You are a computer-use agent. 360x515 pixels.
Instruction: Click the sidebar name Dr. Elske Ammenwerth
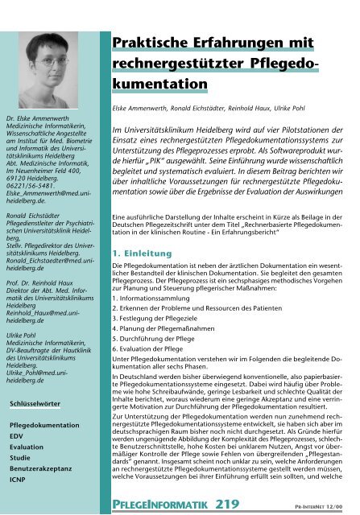coord(42,119)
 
